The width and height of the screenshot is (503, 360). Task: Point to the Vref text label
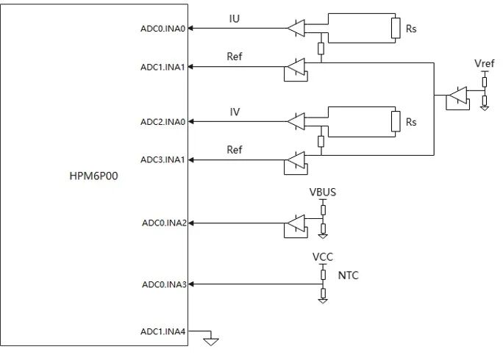click(485, 65)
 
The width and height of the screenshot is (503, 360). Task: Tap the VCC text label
click(323, 257)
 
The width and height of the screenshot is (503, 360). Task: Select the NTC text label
click(349, 276)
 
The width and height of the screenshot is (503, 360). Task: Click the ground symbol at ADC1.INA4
click(211, 339)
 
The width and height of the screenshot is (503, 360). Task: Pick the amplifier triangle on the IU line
click(295, 29)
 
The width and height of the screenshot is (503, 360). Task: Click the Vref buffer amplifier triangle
click(458, 96)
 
